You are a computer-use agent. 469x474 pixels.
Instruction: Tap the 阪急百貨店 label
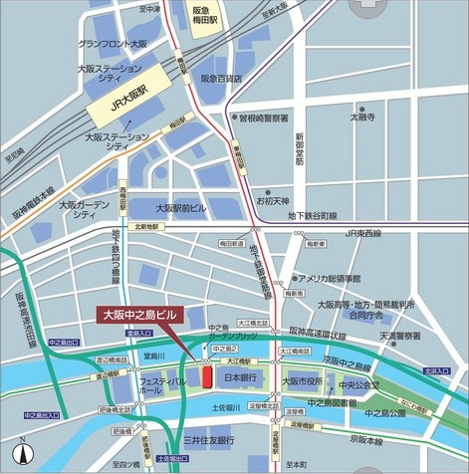(x=222, y=78)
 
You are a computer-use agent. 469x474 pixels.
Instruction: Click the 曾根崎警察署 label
(x=265, y=117)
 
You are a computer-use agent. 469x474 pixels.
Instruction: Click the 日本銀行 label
(x=242, y=378)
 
